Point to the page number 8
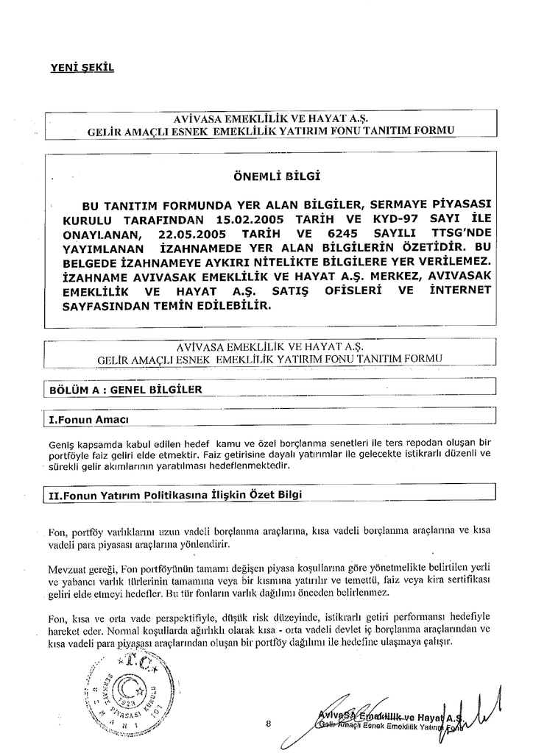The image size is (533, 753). [269, 724]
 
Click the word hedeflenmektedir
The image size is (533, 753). [256, 465]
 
